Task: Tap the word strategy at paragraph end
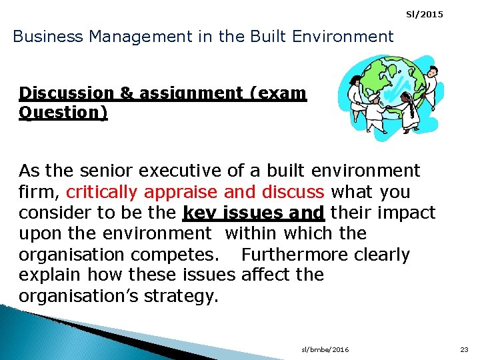pyautogui.click(x=183, y=295)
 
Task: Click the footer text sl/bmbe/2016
pyautogui.click(x=325, y=349)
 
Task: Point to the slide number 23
pyautogui.click(x=464, y=349)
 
